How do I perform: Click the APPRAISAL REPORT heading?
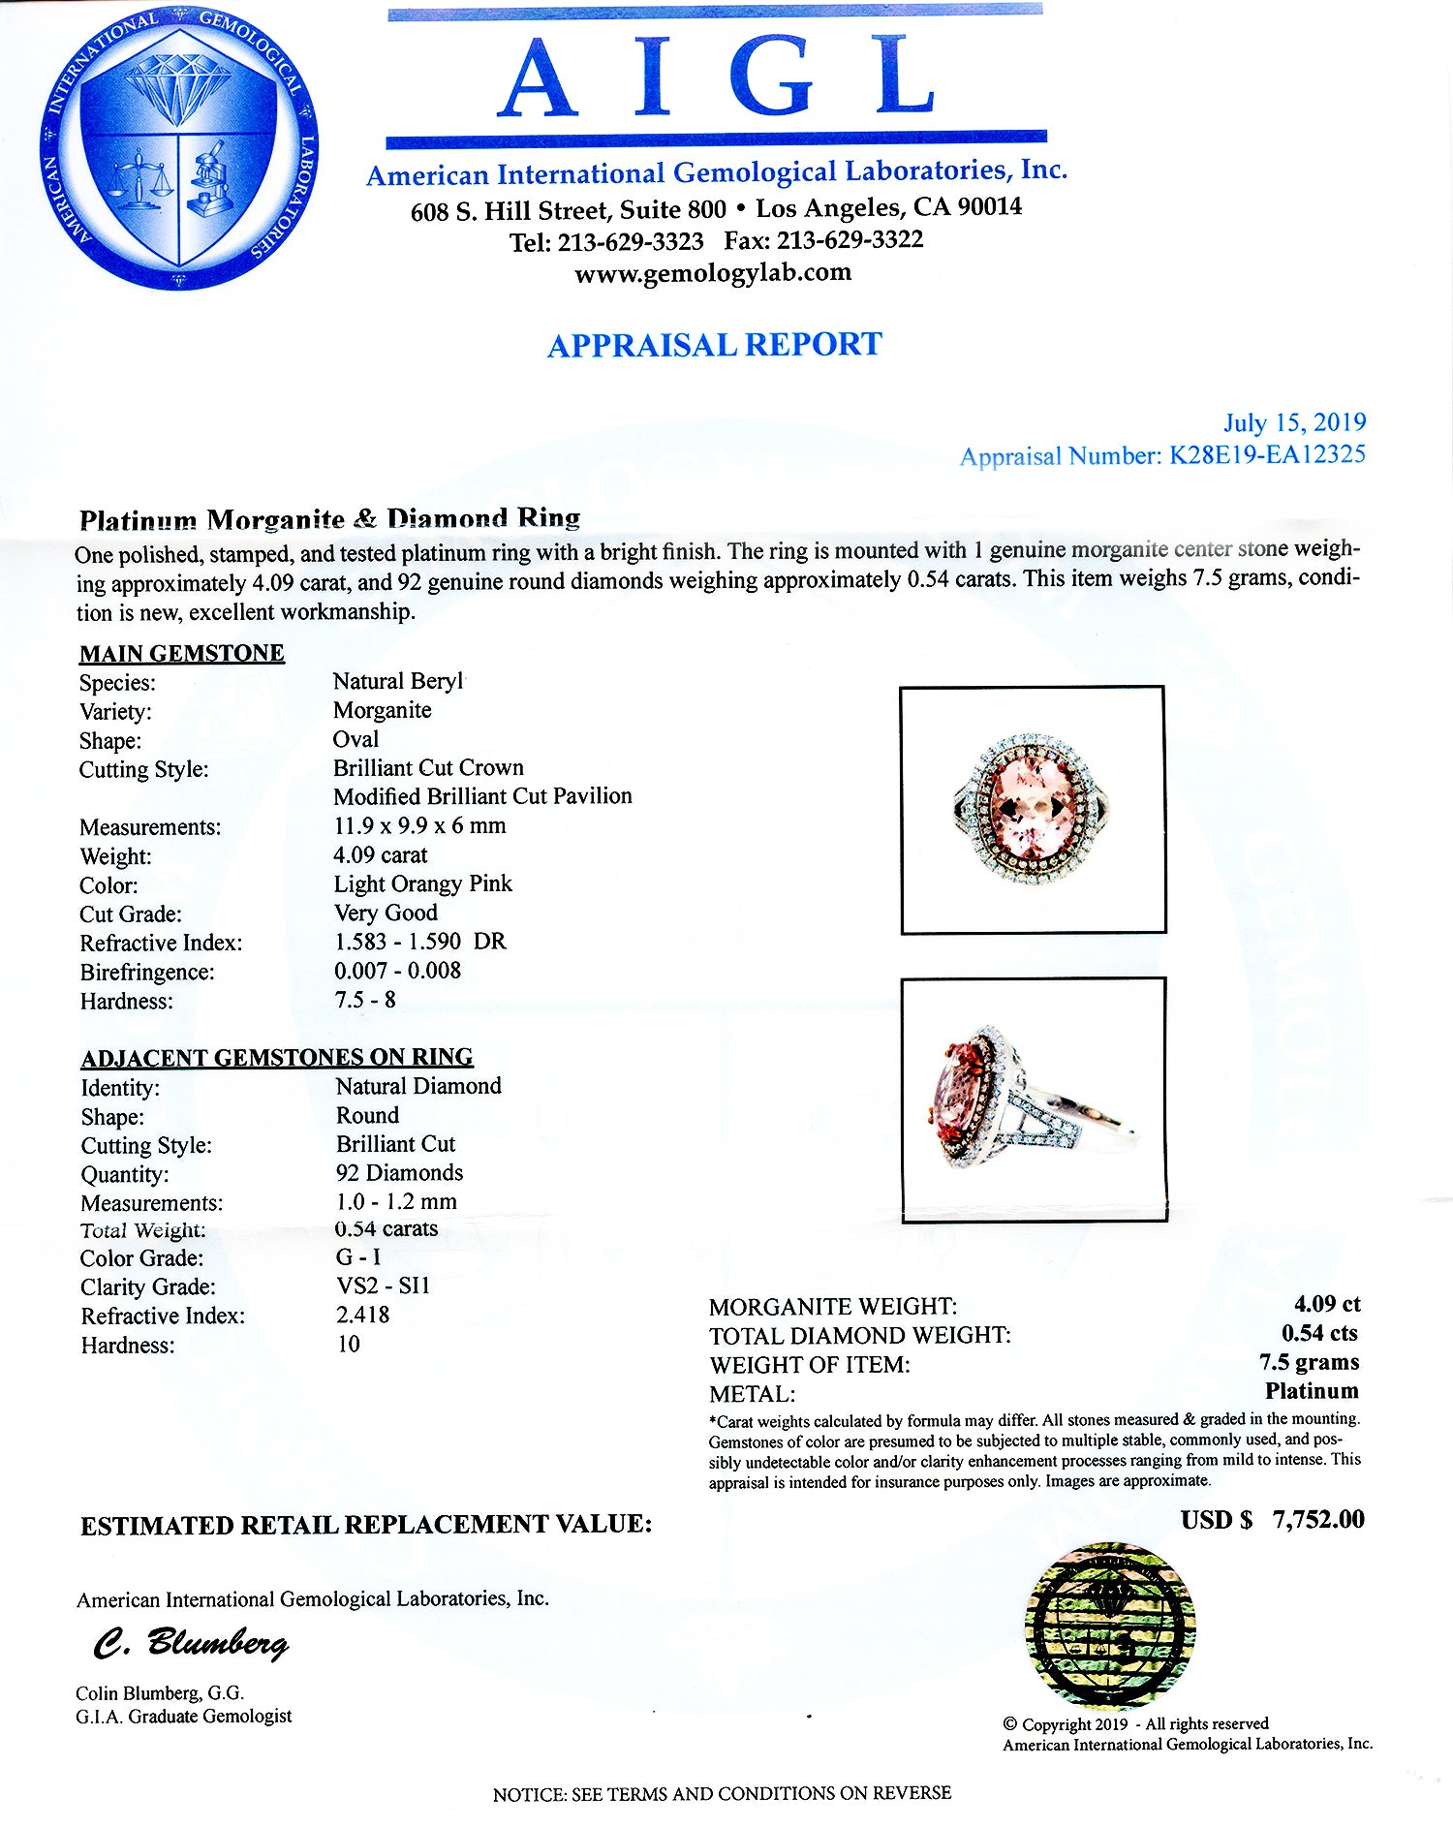(714, 345)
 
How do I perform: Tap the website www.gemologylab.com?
(713, 272)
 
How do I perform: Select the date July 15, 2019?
(1294, 422)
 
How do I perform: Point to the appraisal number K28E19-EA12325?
(1267, 454)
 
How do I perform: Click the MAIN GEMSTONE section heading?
(182, 653)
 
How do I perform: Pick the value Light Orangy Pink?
(422, 883)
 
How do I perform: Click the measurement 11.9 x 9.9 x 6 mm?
(419, 825)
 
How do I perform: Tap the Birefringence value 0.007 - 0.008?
(397, 971)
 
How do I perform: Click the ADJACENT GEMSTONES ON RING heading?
(277, 1057)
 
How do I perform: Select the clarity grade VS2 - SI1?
(383, 1286)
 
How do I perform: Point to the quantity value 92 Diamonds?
(399, 1172)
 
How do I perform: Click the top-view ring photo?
(1033, 810)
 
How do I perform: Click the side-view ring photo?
(1034, 1100)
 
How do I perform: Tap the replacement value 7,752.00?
(1318, 1519)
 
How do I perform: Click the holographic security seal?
(1110, 1626)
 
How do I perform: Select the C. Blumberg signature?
(191, 1643)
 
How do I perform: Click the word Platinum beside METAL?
(1312, 1391)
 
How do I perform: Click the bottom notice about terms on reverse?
(722, 1793)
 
